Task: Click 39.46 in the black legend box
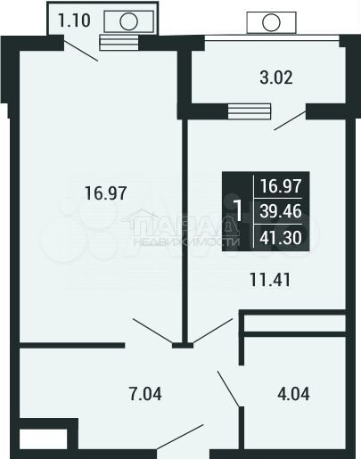277,211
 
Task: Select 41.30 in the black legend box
277,237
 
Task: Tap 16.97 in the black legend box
277,186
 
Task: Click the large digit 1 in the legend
237,211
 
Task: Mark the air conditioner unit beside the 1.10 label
128,20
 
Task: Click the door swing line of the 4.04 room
228,388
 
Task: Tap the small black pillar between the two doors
182,343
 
